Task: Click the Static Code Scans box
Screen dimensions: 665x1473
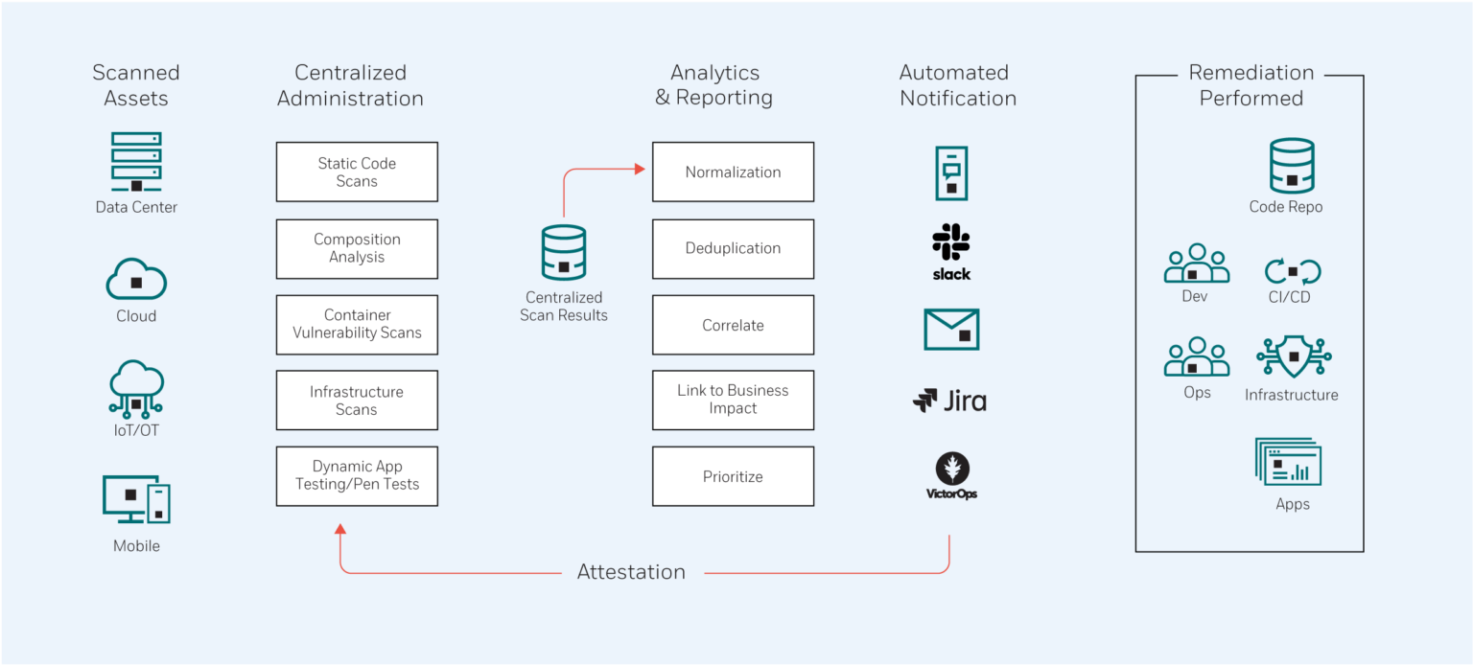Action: pos(357,172)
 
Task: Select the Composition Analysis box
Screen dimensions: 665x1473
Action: pos(357,249)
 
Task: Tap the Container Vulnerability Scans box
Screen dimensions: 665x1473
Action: pos(357,324)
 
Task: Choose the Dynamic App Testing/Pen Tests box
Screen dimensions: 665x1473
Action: pos(357,476)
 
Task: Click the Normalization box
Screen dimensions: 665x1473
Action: pos(733,172)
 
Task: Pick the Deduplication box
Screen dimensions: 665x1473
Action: pos(733,249)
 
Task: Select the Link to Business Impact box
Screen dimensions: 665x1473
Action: pos(733,400)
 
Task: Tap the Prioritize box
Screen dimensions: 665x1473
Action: pos(733,476)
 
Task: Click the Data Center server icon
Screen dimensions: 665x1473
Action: pos(136,162)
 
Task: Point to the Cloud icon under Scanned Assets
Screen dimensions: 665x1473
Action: pos(136,280)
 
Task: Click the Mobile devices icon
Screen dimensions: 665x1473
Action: pos(136,499)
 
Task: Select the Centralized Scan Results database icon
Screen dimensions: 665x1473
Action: pos(563,253)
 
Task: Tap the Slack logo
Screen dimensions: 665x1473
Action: pos(951,252)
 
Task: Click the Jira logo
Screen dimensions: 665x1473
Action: pos(949,401)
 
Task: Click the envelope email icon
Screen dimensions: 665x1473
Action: pos(951,329)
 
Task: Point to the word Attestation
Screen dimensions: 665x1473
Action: pos(631,572)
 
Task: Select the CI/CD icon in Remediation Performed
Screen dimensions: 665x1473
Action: pos(1292,271)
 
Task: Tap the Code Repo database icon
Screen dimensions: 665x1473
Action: pos(1291,166)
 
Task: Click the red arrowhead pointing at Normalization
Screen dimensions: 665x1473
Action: pos(640,170)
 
